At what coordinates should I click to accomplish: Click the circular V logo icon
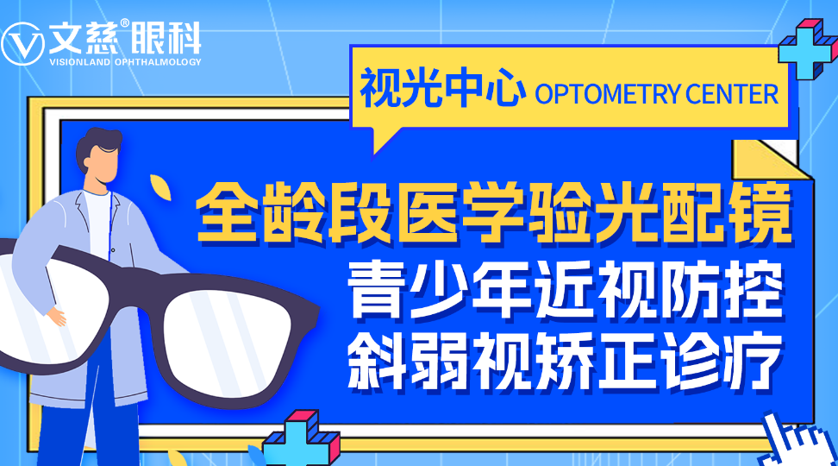[x=22, y=44]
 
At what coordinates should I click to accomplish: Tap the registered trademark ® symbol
[x=124, y=23]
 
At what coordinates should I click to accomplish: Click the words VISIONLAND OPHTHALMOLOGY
[x=125, y=62]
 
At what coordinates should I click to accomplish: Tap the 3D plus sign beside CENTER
[x=807, y=48]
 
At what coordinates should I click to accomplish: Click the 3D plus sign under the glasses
[x=301, y=438]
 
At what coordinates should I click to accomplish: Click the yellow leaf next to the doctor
[x=159, y=186]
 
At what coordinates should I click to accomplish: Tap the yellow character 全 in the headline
[x=227, y=212]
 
